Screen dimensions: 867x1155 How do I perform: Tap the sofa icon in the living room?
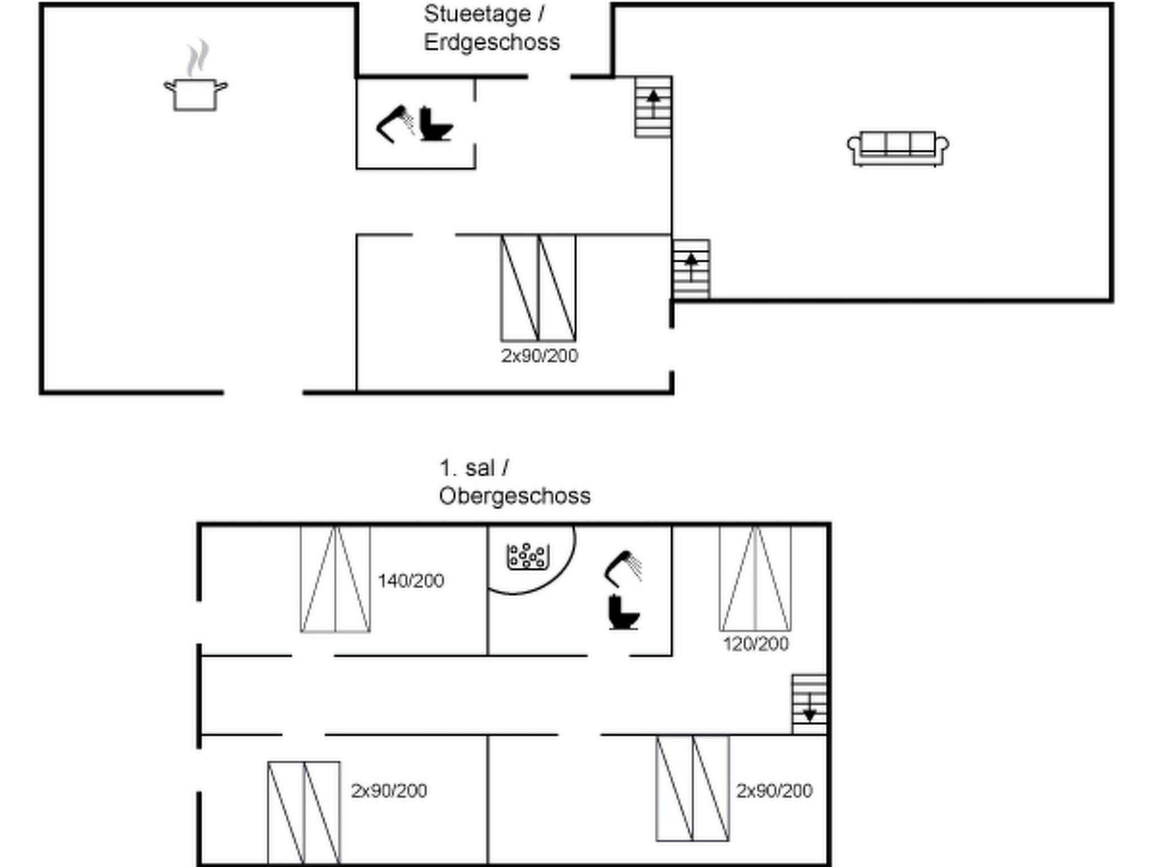pyautogui.click(x=898, y=148)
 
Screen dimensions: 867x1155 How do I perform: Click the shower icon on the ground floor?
pyautogui.click(x=394, y=124)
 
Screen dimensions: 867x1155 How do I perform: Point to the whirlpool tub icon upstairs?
pyautogui.click(x=527, y=557)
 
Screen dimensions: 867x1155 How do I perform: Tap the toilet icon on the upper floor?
pyautogui.click(x=623, y=613)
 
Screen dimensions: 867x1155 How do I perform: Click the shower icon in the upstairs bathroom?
pyautogui.click(x=623, y=568)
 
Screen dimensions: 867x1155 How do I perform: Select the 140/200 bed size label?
pyautogui.click(x=411, y=581)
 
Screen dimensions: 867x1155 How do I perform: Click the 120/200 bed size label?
pyautogui.click(x=756, y=644)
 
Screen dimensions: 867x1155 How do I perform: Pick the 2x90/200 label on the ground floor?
pyautogui.click(x=540, y=356)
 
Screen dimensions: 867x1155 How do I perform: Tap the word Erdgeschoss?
pyautogui.click(x=492, y=42)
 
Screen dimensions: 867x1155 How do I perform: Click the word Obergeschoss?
pyautogui.click(x=514, y=496)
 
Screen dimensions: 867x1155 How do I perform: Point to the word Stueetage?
pyautogui.click(x=477, y=14)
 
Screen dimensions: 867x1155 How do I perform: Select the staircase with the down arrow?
pyautogui.click(x=809, y=704)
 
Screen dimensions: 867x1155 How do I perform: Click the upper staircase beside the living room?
pyautogui.click(x=653, y=107)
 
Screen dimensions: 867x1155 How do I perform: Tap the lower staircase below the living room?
pyautogui.click(x=691, y=269)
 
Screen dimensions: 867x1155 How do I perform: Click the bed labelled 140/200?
pyautogui.click(x=336, y=580)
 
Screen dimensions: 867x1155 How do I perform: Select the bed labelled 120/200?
pyautogui.click(x=755, y=579)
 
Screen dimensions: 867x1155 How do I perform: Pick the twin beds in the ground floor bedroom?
pyautogui.click(x=539, y=288)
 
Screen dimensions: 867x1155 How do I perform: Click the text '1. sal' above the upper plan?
pyautogui.click(x=468, y=468)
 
